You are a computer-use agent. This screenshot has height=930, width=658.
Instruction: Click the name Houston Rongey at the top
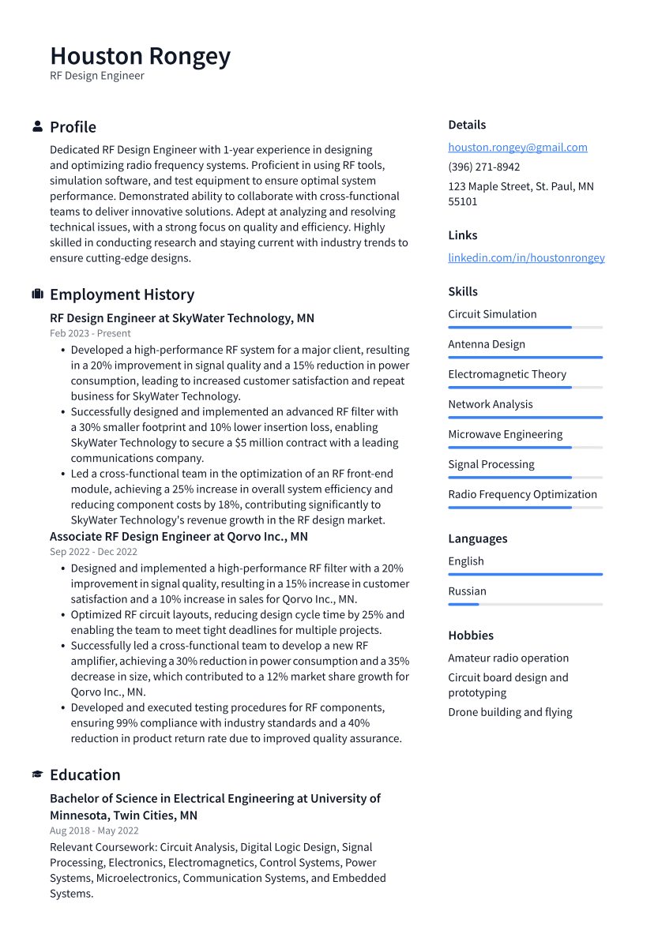(141, 56)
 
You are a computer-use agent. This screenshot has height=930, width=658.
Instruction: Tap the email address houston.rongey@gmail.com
(517, 147)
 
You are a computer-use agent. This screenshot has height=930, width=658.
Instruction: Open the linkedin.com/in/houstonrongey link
(526, 257)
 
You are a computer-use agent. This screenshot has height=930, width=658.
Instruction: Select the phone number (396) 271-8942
(483, 167)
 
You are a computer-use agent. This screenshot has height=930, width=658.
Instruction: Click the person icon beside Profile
(37, 126)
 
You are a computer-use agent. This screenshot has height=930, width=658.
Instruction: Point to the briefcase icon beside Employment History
(37, 294)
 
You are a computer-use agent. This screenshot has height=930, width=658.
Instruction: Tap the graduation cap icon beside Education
(37, 774)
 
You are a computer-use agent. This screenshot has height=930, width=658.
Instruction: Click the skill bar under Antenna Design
(525, 358)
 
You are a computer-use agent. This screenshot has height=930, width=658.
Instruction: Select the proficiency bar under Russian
(525, 605)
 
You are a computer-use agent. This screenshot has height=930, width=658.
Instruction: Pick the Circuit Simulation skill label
(492, 314)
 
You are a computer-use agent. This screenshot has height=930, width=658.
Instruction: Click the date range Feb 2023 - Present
(90, 333)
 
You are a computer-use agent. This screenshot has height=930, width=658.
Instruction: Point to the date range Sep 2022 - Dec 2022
(93, 552)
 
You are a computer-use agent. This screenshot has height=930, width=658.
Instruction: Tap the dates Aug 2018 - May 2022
(94, 831)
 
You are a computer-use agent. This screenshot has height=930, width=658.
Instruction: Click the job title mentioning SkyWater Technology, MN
(182, 318)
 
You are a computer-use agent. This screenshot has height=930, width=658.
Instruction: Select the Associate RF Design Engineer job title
(179, 537)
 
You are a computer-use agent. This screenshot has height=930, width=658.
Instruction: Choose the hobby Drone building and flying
(510, 712)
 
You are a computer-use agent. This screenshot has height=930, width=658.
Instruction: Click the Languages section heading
(478, 539)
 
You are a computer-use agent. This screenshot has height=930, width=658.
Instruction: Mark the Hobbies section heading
(471, 636)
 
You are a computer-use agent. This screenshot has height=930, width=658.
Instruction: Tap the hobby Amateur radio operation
(508, 658)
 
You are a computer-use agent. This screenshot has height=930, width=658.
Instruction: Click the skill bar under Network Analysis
(525, 418)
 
